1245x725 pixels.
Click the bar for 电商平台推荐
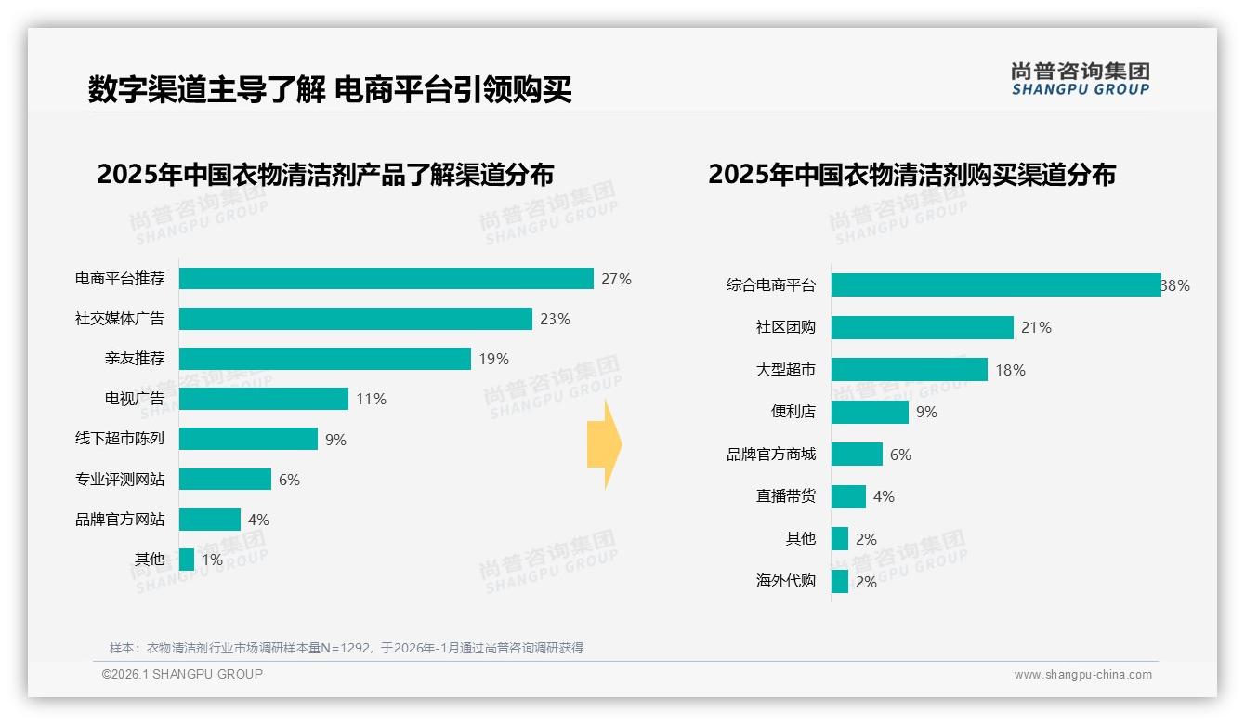click(x=386, y=279)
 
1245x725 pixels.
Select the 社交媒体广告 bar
click(x=355, y=319)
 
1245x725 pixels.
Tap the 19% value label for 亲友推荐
click(x=494, y=359)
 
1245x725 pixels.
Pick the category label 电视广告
click(x=135, y=399)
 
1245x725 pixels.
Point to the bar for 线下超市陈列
click(x=248, y=439)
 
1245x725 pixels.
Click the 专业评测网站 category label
click(x=120, y=480)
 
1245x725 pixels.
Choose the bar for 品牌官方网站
click(x=209, y=520)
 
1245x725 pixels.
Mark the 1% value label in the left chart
click(x=212, y=560)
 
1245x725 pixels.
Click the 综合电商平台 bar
click(x=995, y=285)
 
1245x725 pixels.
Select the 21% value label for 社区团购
click(x=1036, y=327)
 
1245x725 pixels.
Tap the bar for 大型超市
click(x=909, y=370)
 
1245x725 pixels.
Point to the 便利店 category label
click(x=793, y=412)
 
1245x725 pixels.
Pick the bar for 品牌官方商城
click(x=857, y=455)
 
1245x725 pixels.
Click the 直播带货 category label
click(x=786, y=496)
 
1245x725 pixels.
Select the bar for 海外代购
click(x=840, y=582)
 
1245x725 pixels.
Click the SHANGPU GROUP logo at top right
click(x=1080, y=79)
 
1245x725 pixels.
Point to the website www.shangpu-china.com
click(x=1082, y=675)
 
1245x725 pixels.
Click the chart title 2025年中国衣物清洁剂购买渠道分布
click(x=911, y=175)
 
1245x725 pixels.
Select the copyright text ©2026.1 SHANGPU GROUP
click(x=182, y=674)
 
